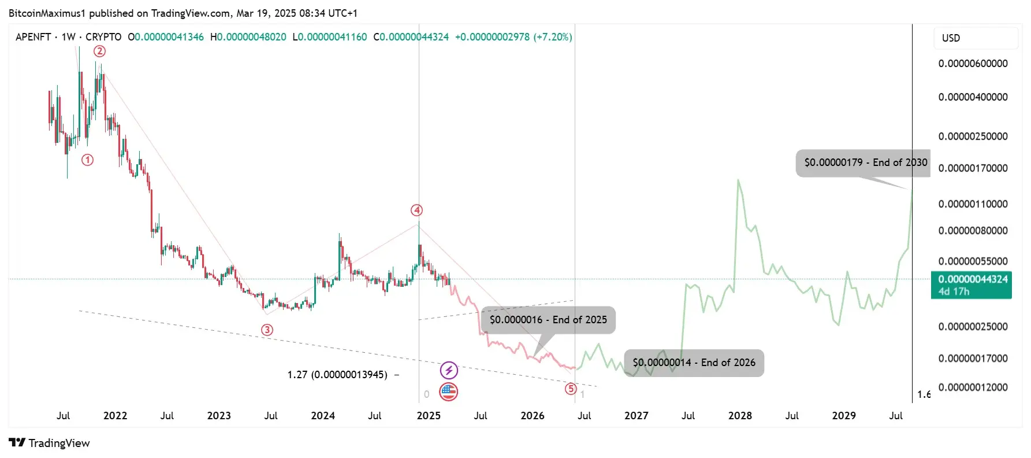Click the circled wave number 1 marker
[87, 160]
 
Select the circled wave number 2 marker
[100, 51]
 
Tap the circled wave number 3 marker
[267, 330]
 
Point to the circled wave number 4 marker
[416, 210]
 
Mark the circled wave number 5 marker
[571, 389]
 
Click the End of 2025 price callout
[548, 320]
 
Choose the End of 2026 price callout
[694, 363]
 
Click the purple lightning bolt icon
[449, 370]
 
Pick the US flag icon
[449, 392]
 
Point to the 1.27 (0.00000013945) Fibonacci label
[337, 375]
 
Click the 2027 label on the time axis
[636, 416]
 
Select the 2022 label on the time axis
[115, 416]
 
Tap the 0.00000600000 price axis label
[973, 64]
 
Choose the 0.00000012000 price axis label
[973, 387]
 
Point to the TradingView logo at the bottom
[50, 443]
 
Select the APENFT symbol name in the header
[33, 37]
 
